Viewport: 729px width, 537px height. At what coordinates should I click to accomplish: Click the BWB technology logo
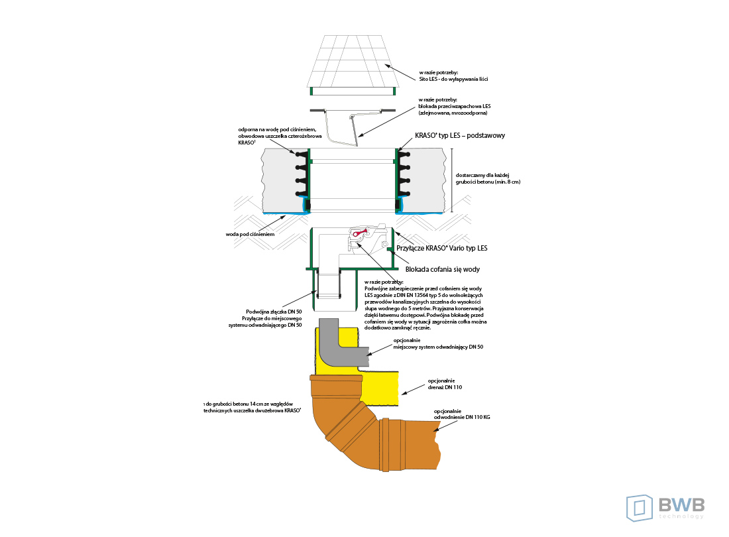pos(665,507)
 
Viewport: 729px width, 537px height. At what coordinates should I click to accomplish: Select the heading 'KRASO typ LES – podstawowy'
pos(460,135)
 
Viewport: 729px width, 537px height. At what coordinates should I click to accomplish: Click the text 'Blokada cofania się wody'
pos(442,269)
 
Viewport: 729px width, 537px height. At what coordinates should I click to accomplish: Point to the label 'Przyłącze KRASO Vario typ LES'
pos(441,249)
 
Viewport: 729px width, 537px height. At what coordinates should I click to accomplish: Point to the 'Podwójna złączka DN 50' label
pos(274,312)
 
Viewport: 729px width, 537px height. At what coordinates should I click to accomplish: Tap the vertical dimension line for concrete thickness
pos(451,176)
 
